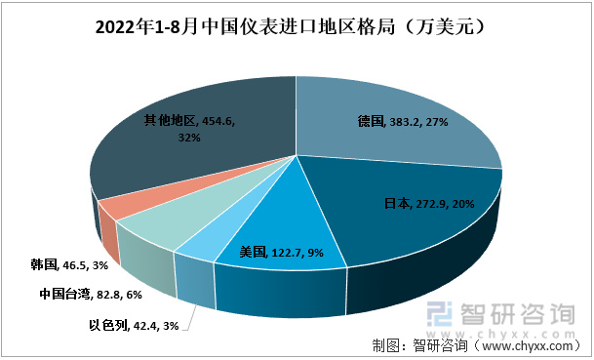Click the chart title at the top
coord(297,29)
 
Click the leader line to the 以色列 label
coord(194,312)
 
